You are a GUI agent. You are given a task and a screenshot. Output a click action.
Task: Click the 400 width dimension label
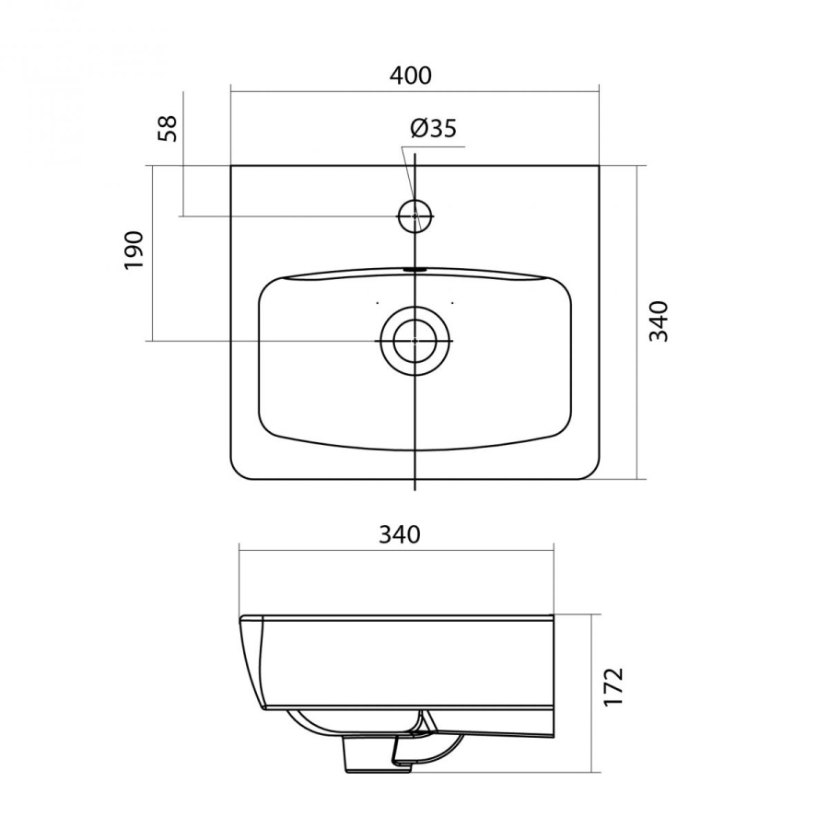click(x=411, y=76)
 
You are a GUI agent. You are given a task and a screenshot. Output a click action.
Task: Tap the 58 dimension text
click(x=169, y=128)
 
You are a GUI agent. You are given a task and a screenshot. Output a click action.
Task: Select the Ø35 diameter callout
click(x=434, y=128)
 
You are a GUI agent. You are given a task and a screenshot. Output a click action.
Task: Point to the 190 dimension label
click(x=134, y=250)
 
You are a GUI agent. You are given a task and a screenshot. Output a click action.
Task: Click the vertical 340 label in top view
click(x=659, y=321)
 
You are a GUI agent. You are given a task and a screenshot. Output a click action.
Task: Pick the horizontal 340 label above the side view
click(x=400, y=534)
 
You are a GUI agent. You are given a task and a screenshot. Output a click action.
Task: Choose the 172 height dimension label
click(x=613, y=686)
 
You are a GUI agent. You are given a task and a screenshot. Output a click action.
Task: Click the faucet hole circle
click(x=415, y=216)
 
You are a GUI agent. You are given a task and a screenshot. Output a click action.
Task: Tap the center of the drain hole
click(x=415, y=341)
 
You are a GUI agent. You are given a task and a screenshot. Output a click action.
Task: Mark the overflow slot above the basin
click(x=415, y=269)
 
